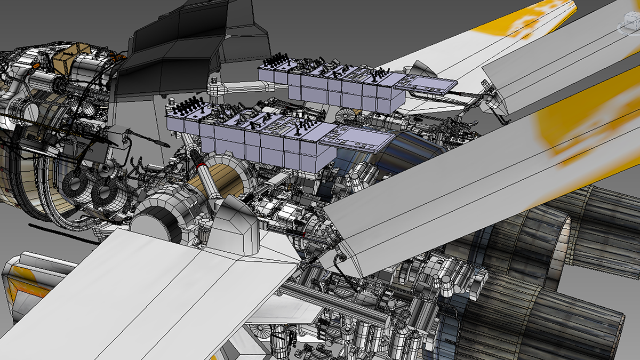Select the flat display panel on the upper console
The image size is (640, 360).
[427, 84]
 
